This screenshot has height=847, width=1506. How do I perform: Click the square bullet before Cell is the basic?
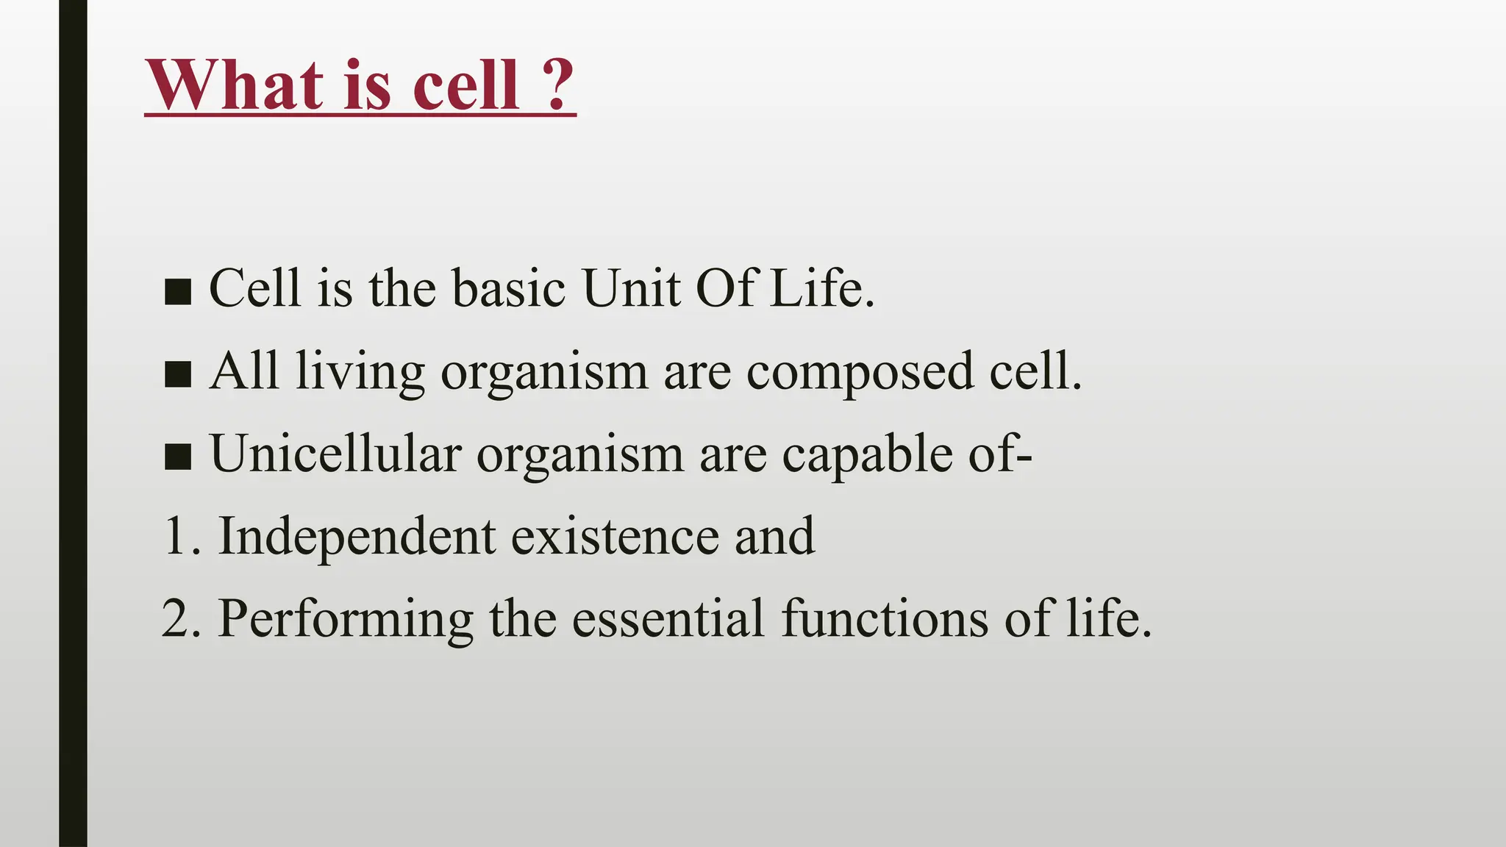click(178, 291)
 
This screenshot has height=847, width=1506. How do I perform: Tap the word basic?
click(509, 287)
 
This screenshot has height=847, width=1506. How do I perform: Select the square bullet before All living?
click(178, 374)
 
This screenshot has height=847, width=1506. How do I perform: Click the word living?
click(360, 372)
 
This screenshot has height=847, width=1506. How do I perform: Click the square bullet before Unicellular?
click(178, 457)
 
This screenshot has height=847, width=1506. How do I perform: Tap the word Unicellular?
click(335, 454)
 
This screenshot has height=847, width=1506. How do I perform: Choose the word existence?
click(615, 536)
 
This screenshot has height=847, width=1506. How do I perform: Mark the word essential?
click(668, 618)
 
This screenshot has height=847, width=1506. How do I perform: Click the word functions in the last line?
click(885, 618)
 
